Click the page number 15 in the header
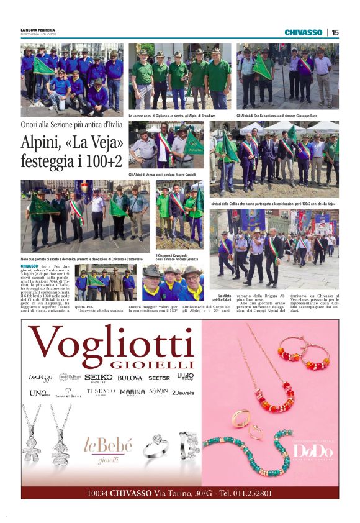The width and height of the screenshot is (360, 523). tap(335, 32)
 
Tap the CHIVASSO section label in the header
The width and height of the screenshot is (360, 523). tap(303, 32)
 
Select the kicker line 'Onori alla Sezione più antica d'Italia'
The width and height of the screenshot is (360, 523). tap(70, 125)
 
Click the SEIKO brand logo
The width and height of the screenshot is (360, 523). tap(99, 377)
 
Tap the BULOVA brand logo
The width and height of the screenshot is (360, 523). tap(130, 378)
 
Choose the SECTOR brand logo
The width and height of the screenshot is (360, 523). tap(159, 378)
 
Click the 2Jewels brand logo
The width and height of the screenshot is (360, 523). tap(182, 393)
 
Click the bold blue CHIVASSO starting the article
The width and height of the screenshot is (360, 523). tap(29, 266)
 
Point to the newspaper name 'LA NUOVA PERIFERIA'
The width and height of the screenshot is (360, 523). tap(38, 30)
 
